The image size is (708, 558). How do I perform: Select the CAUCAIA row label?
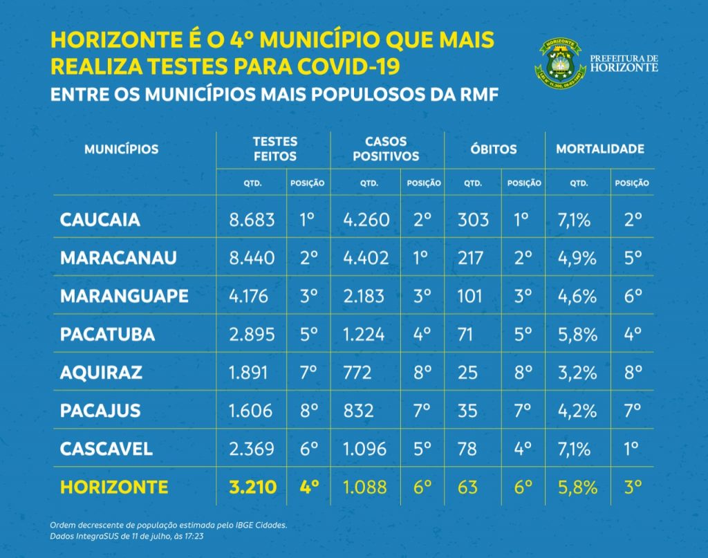100,220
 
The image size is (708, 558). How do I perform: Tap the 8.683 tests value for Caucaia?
252,220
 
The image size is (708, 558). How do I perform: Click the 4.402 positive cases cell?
366,258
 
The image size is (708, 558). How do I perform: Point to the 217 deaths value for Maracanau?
472,258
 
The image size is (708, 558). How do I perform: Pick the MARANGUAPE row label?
124,296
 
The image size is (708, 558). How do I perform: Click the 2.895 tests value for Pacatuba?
252,334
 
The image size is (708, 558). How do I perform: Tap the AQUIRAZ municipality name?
101,372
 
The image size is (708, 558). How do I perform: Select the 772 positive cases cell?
357,372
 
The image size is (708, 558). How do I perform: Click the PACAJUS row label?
100,410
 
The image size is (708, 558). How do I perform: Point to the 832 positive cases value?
358,410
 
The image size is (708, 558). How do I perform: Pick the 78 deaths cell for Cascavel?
467,448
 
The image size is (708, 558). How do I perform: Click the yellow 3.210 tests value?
252,486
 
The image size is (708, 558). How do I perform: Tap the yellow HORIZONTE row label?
114,486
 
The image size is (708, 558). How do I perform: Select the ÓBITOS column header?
494,149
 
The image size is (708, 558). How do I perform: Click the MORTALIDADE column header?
600,149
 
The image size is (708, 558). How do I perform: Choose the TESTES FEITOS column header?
274,149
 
